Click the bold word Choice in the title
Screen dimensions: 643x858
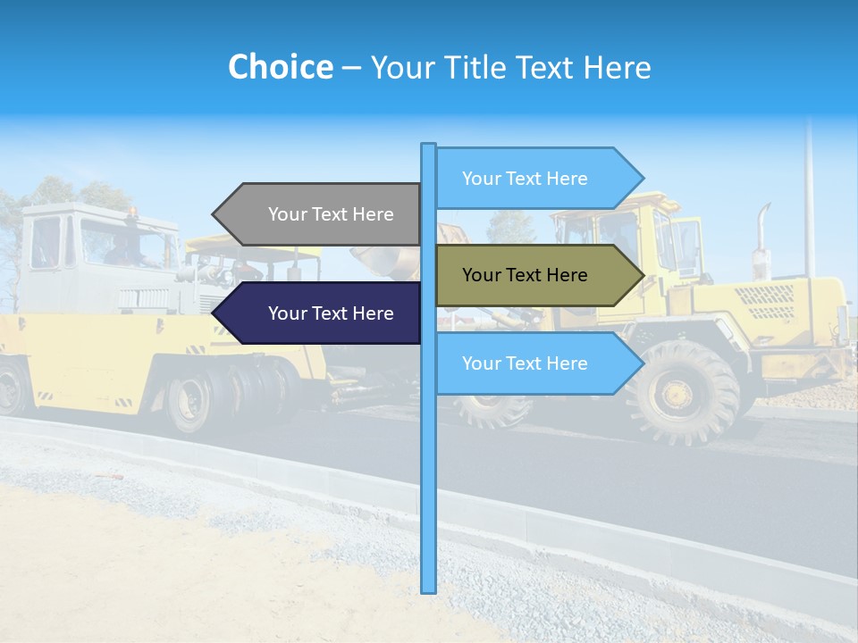[x=280, y=67]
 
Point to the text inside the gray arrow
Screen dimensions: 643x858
[x=331, y=214]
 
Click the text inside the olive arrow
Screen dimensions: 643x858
[x=525, y=275]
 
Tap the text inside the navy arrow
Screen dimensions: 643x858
[x=331, y=313]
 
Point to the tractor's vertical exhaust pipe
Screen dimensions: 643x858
[x=761, y=237]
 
